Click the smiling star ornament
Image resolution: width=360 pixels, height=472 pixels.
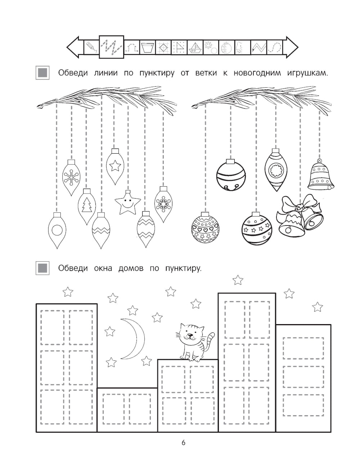click(x=127, y=202)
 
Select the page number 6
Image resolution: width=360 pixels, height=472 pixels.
click(x=183, y=442)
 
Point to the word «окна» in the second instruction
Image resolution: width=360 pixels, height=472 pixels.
click(x=103, y=268)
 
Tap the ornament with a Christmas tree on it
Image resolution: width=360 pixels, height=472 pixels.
click(x=86, y=206)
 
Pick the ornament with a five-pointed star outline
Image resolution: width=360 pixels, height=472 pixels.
click(x=115, y=166)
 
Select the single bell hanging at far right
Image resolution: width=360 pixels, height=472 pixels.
click(x=321, y=175)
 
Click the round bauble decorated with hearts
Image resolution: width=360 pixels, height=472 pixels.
click(x=205, y=228)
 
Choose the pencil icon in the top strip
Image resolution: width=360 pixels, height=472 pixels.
click(x=91, y=47)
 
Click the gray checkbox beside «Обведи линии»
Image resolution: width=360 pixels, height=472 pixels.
click(x=42, y=73)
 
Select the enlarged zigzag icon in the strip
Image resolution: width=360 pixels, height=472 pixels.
click(x=112, y=47)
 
